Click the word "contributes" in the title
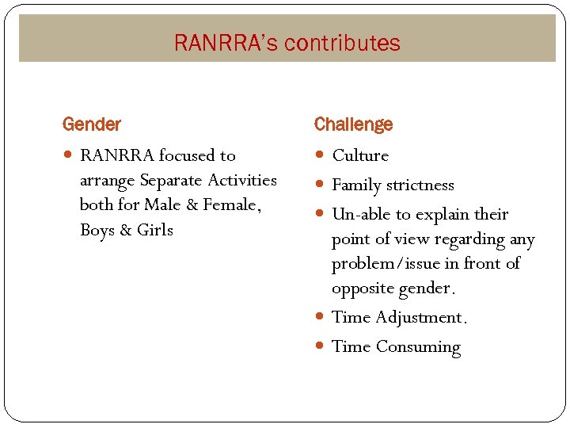coord(342,43)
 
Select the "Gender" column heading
coord(92,124)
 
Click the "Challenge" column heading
coord(353,124)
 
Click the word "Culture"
coord(360,155)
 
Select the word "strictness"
coord(420,185)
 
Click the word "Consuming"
coord(418,347)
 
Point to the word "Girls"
coord(154,230)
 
